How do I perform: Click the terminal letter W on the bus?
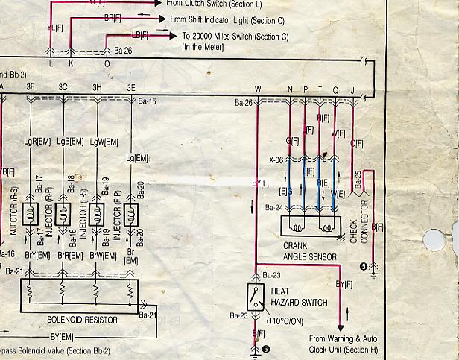pos(257,90)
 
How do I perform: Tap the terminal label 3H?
pos(97,88)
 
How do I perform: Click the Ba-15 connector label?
pos(148,101)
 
